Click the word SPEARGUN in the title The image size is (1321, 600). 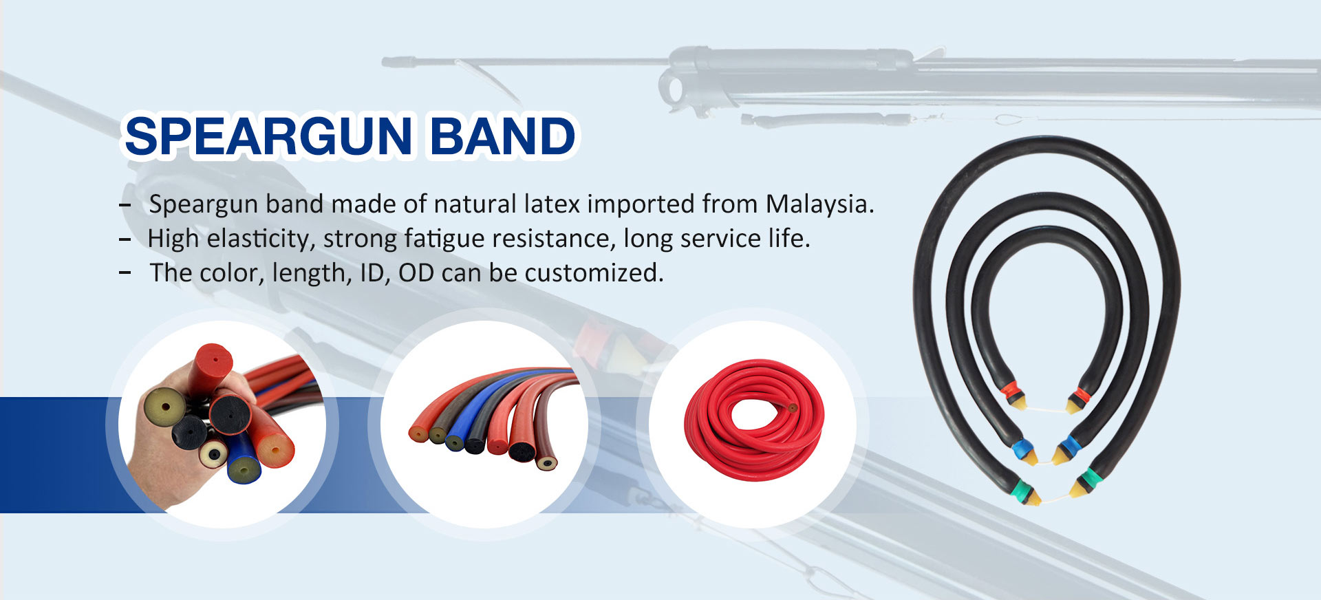pyautogui.click(x=269, y=136)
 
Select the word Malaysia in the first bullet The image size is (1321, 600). pyautogui.click(x=819, y=204)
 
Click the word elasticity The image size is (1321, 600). pyautogui.click(x=261, y=239)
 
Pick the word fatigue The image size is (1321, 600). pyautogui.click(x=447, y=239)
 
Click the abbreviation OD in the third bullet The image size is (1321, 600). pyautogui.click(x=416, y=273)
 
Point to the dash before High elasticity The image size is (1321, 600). pyautogui.click(x=125, y=239)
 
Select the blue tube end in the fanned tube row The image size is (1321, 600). pyautogui.click(x=454, y=442)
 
